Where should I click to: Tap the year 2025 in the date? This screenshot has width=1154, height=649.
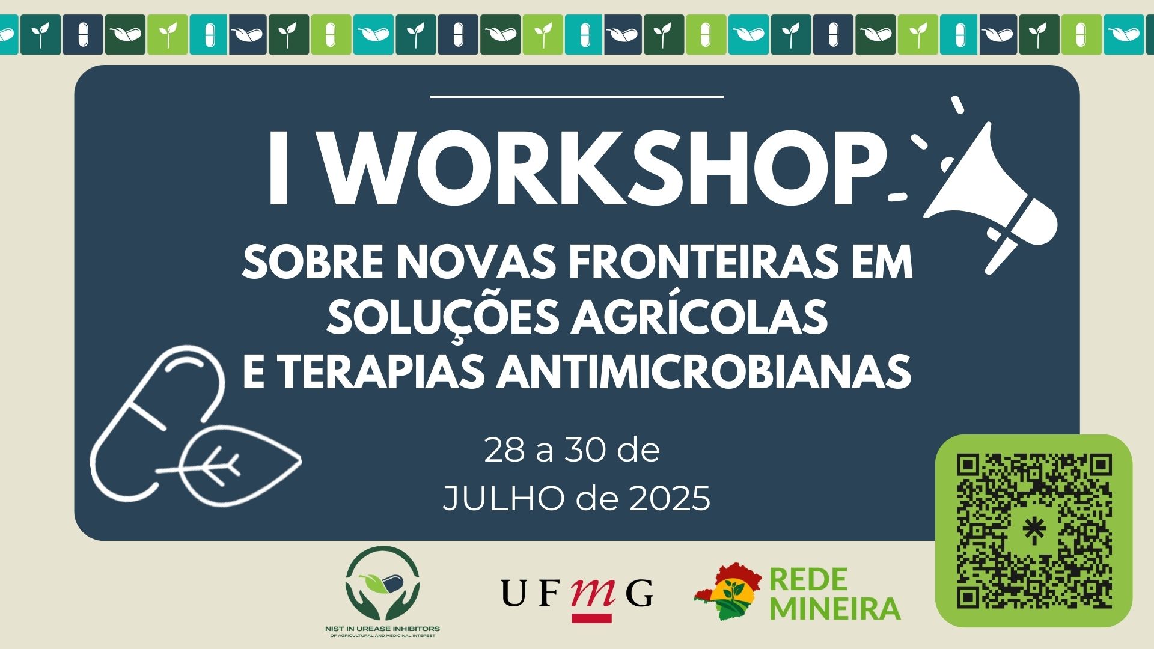[x=670, y=498]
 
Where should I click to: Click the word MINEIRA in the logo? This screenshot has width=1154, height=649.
[x=835, y=608]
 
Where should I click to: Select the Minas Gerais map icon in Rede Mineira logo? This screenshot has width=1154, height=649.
[x=729, y=592]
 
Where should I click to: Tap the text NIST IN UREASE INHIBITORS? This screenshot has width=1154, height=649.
[x=382, y=629]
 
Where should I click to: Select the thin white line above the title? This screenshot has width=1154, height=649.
[x=577, y=96]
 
